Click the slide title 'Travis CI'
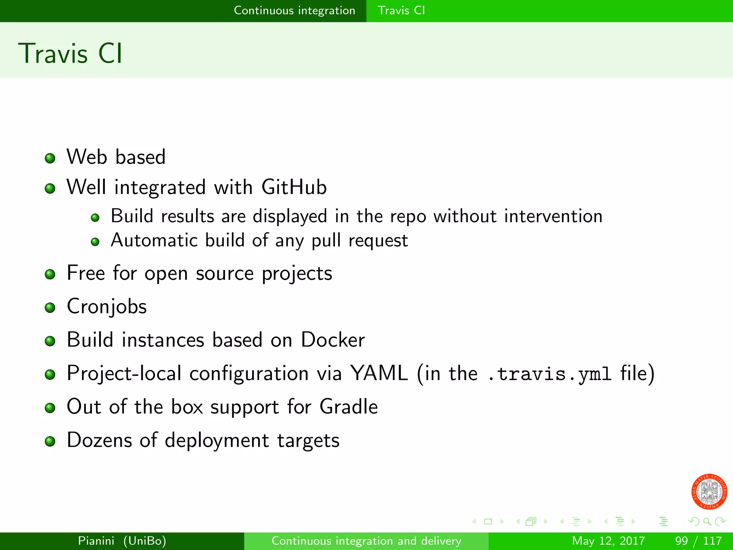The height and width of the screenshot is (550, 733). tap(71, 54)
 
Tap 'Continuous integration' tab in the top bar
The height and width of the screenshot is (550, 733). tap(294, 10)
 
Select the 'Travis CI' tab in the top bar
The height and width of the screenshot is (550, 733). tap(401, 10)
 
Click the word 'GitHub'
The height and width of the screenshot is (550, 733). tap(294, 187)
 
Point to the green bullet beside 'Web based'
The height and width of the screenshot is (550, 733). tap(50, 158)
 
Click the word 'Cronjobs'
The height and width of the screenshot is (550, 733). tap(107, 307)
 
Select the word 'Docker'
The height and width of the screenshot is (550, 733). tap(332, 340)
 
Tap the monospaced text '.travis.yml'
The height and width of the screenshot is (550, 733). tap(549, 374)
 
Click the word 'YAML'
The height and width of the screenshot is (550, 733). tap(379, 373)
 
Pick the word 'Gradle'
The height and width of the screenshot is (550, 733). tap(348, 407)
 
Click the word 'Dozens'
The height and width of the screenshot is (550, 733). tap(99, 440)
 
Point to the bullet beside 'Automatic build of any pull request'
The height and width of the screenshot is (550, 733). tap(95, 242)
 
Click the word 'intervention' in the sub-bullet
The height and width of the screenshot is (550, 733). tap(553, 216)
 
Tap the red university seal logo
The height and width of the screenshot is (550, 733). tap(709, 492)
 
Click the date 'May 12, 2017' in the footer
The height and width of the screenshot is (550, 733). tap(608, 541)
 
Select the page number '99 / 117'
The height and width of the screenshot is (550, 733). tap(698, 541)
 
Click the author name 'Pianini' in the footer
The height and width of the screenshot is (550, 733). tap(96, 541)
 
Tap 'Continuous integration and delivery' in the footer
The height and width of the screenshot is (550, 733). tap(366, 541)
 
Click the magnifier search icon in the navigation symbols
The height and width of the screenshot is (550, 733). tap(707, 522)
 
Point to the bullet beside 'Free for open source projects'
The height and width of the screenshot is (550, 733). tap(50, 275)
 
